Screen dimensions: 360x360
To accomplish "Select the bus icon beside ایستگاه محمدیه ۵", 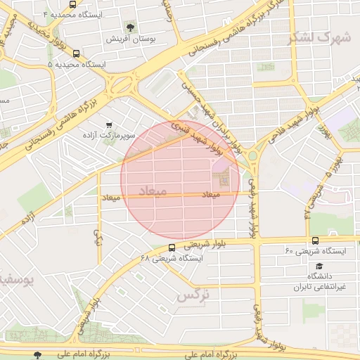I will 76,53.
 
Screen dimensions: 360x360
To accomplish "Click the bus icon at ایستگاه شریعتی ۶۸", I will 172,247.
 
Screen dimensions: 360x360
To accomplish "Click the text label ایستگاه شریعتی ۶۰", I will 314,251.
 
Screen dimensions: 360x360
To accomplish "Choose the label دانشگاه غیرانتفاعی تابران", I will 320,282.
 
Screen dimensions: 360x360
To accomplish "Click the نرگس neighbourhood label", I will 193,295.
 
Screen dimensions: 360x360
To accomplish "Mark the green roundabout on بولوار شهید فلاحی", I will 252,155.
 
